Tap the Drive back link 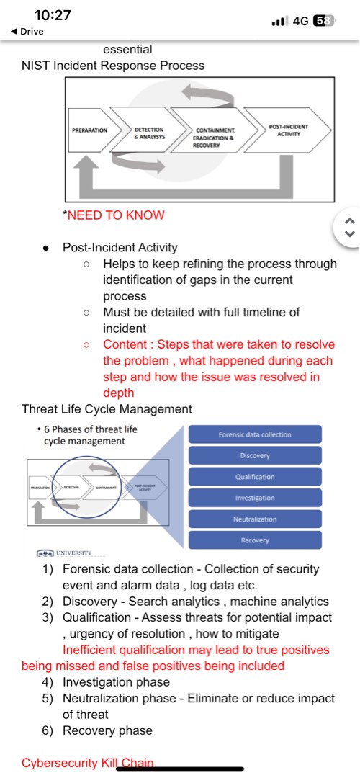pyautogui.click(x=29, y=32)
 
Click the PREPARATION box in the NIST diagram pyautogui.click(x=91, y=130)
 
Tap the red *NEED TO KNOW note pyautogui.click(x=114, y=215)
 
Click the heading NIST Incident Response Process pyautogui.click(x=113, y=66)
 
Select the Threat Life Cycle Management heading pyautogui.click(x=107, y=409)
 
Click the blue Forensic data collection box pyautogui.click(x=255, y=434)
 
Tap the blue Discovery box pyautogui.click(x=255, y=456)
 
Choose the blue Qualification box pyautogui.click(x=255, y=477)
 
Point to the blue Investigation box pyautogui.click(x=255, y=498)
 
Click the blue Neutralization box pyautogui.click(x=255, y=519)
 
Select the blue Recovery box pyautogui.click(x=255, y=540)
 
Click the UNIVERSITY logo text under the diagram pyautogui.click(x=70, y=553)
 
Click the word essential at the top pyautogui.click(x=127, y=50)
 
